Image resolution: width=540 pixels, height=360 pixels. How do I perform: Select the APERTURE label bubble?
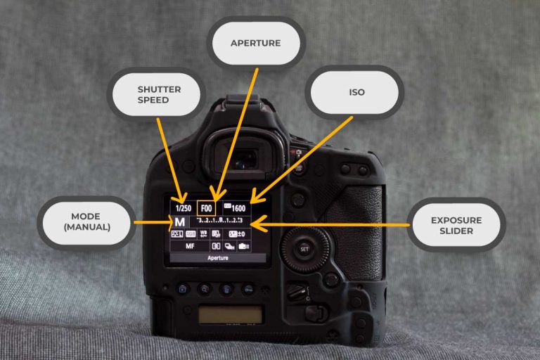click(x=255, y=43)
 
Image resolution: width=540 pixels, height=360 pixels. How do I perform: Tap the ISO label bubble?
click(x=356, y=92)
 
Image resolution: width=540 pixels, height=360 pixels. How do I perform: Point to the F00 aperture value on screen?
click(x=207, y=208)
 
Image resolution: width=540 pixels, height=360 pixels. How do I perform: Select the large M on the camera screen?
click(x=179, y=222)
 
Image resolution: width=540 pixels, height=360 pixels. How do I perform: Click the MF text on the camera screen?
click(x=190, y=247)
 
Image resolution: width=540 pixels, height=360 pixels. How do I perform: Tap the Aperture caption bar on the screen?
click(x=217, y=258)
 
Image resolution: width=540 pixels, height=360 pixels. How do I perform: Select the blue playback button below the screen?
click(x=182, y=288)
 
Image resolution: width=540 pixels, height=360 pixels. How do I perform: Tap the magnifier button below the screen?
click(x=204, y=288)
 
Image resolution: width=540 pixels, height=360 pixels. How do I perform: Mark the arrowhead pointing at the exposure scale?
click(x=256, y=224)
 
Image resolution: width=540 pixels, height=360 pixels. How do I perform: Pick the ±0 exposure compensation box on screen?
click(x=237, y=233)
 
